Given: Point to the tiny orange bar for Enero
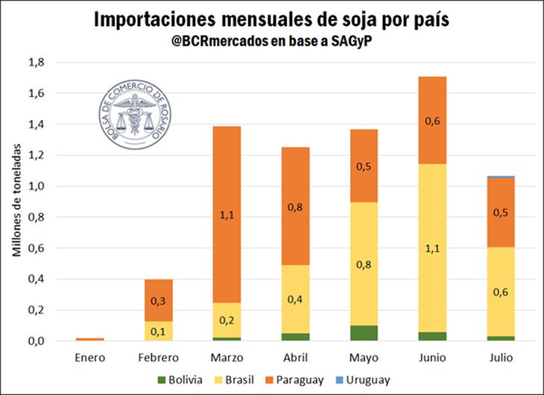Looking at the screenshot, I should click(90, 339).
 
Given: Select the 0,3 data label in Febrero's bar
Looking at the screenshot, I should click(158, 300).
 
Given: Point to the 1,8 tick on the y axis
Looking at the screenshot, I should click(36, 63).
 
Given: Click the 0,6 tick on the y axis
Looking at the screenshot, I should click(36, 248).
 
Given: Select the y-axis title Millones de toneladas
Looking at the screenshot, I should click(16, 201).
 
